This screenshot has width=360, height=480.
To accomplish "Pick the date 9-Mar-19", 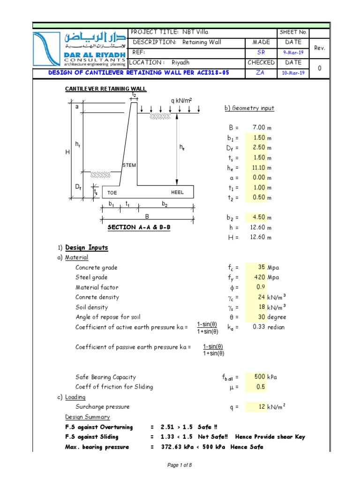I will (293, 52).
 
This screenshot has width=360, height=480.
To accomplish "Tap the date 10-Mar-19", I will (293, 73).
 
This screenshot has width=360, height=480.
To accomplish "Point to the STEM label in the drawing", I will (129, 165).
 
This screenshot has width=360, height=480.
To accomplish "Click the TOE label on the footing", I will (112, 193).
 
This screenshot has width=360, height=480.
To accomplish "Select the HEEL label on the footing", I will (178, 193).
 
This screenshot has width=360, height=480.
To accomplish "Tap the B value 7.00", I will (259, 127).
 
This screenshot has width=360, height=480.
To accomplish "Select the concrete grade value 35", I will (261, 267).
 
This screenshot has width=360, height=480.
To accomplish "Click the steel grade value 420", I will (260, 277).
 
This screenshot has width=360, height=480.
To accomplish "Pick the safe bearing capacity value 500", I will (260, 376).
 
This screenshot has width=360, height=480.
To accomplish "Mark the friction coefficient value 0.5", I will (260, 387).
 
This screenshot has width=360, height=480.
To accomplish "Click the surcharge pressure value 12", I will (262, 406).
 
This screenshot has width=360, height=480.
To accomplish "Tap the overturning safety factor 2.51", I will (166, 427).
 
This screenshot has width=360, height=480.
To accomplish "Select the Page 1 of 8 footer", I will (180, 464).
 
